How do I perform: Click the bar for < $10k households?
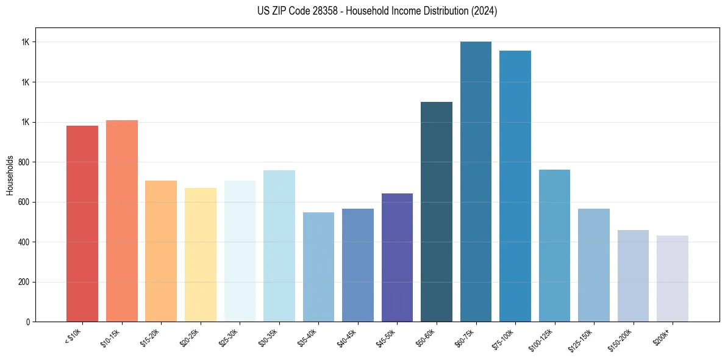click(x=82, y=223)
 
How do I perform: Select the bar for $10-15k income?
click(x=121, y=221)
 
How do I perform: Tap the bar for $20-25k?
click(x=201, y=254)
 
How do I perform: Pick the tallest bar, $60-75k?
click(x=476, y=181)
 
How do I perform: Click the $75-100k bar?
click(x=515, y=186)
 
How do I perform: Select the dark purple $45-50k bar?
click(x=397, y=257)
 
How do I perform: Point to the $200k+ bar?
click(x=673, y=278)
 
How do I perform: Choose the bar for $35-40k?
click(x=318, y=267)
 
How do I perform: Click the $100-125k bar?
click(x=554, y=245)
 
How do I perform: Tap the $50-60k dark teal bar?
click(x=437, y=212)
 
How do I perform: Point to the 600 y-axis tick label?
click(x=24, y=202)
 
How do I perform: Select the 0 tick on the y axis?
click(x=27, y=322)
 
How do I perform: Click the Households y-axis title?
click(x=10, y=175)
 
